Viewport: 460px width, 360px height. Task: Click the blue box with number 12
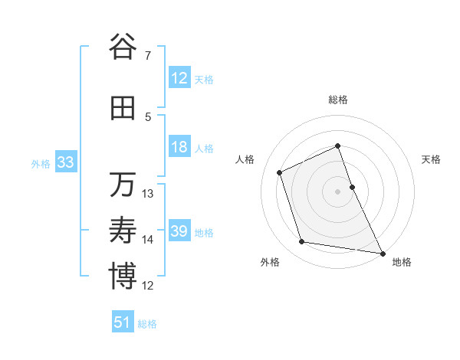point(179,78)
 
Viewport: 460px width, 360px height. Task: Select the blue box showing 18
point(179,147)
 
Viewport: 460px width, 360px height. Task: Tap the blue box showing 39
point(179,231)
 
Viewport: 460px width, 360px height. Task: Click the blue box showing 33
point(65,162)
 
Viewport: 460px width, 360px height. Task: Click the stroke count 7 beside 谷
point(147,56)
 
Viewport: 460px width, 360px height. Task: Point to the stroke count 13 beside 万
point(148,194)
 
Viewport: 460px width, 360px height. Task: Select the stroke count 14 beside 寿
point(148,240)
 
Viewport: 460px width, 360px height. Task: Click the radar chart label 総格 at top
point(338,100)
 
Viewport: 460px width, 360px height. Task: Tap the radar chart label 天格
point(431,159)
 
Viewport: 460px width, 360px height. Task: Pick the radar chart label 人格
point(245,159)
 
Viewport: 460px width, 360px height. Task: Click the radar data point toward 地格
point(383,252)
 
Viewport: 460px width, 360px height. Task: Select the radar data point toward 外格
point(302,242)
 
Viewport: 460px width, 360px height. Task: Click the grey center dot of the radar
point(338,191)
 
